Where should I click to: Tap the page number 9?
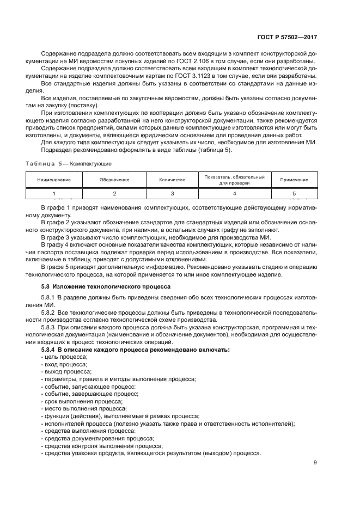[315, 463]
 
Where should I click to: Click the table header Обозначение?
[114, 180]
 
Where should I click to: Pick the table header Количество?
[172, 180]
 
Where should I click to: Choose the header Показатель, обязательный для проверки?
[234, 180]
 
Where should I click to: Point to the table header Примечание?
[294, 180]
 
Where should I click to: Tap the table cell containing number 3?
[172, 193]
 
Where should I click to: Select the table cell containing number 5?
[294, 193]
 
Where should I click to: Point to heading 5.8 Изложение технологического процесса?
[106, 286]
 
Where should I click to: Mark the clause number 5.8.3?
[49, 327]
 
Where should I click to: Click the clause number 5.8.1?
[49, 297]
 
